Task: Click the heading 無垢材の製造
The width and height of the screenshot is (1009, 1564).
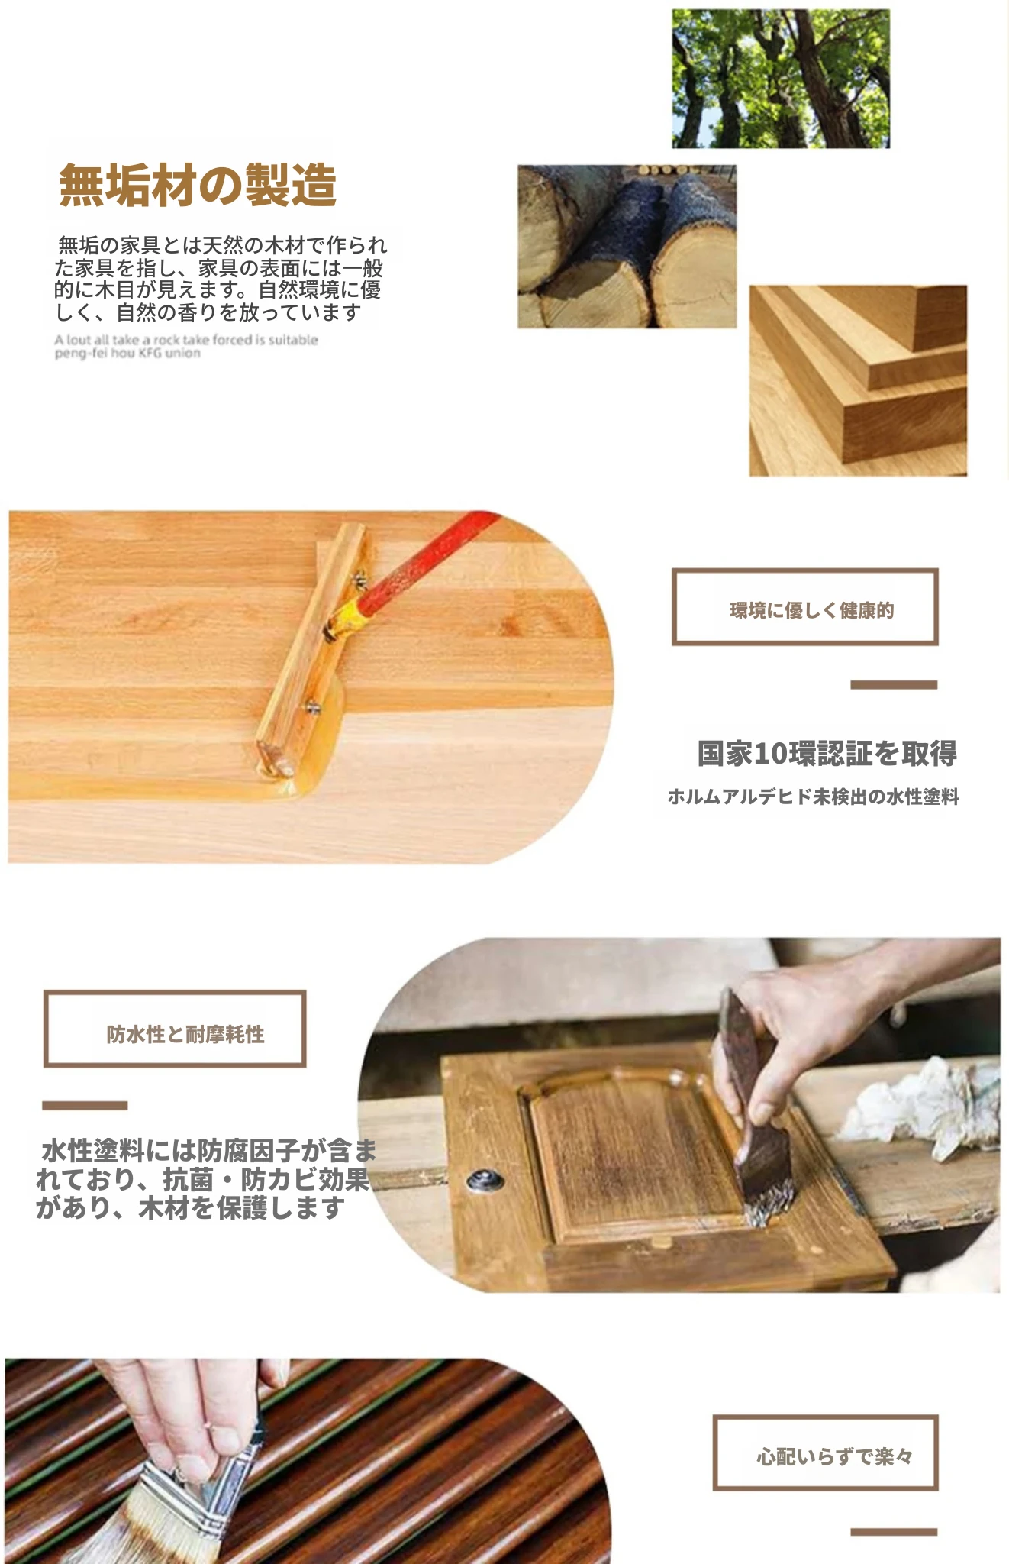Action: tap(198, 185)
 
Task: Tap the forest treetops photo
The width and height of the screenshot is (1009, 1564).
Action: tap(781, 79)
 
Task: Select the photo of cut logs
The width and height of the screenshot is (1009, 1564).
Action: tap(627, 247)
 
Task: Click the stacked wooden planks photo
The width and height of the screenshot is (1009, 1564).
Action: tap(858, 380)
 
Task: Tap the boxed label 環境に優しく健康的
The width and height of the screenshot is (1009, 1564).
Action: tap(804, 607)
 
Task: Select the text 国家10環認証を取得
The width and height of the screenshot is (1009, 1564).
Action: tap(827, 753)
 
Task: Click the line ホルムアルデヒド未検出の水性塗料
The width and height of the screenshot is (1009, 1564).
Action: tap(813, 797)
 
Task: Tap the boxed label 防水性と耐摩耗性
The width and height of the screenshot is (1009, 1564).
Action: tap(175, 1029)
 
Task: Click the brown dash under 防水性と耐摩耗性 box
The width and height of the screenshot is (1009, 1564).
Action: tap(85, 1105)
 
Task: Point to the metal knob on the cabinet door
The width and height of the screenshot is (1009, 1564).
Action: tap(484, 1181)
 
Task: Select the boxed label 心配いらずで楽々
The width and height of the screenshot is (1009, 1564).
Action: tap(825, 1453)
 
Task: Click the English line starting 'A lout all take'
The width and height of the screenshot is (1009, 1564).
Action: tap(186, 340)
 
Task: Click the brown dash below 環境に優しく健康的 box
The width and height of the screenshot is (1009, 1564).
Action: tap(894, 685)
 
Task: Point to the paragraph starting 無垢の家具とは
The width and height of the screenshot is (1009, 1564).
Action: tap(221, 279)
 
